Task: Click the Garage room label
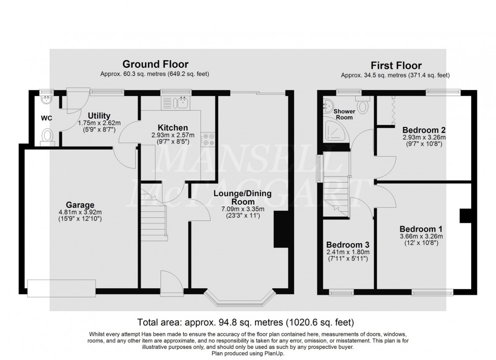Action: point(82,205)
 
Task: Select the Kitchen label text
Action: point(173,127)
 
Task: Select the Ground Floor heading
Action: point(155,64)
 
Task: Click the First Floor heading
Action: point(396,66)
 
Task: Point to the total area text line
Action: point(245,322)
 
